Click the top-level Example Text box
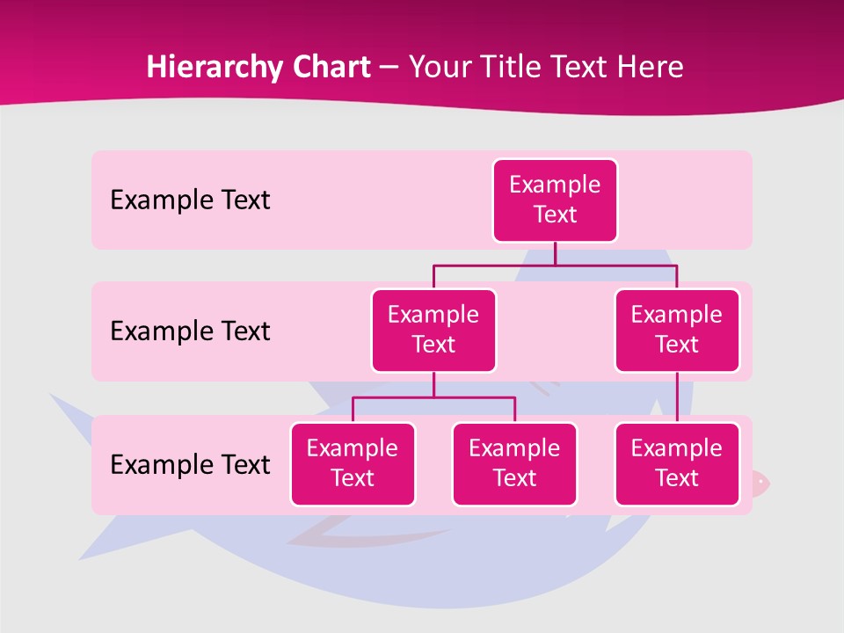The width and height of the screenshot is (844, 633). coord(555,200)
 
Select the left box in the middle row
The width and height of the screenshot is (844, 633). coord(433,330)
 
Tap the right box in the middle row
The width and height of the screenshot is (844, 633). coord(677,330)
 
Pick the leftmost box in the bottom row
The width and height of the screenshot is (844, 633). coord(353,463)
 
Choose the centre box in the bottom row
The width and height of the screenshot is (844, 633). coord(514,463)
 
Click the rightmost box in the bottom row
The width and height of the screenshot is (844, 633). coord(677,463)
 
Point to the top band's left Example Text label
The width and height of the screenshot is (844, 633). coord(190,200)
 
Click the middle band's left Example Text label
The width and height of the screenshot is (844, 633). coord(190,331)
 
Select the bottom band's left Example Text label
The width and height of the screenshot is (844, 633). coord(190,464)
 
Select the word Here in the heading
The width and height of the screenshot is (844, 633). coord(651,67)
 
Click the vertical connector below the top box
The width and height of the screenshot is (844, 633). coord(555,253)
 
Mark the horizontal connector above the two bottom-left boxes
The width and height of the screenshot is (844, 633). coord(433,397)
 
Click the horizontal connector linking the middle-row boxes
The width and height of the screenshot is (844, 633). coord(555,265)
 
